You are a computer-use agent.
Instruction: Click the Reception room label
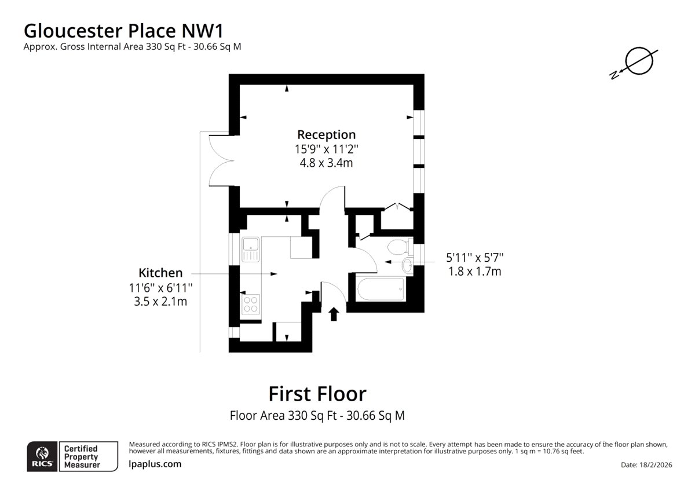coord(327,134)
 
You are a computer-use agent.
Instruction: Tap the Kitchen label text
coord(160,273)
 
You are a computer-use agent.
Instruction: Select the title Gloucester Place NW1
coord(123,31)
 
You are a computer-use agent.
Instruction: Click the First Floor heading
coord(317,394)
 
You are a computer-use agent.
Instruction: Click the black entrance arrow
coord(334,314)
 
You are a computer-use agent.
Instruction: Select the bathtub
coord(381,289)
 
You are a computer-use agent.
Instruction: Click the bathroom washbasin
coord(407,266)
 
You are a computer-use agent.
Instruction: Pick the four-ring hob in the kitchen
coord(250,305)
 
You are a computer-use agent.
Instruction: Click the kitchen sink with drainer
coord(251,250)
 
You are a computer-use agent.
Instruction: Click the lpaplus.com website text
coord(155,464)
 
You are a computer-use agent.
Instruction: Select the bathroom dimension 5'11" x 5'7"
coord(475,258)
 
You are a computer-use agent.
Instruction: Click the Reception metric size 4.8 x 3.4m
coord(327,163)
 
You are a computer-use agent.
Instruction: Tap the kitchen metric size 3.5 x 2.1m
coord(160,302)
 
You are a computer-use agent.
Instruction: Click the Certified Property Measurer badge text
coord(82,457)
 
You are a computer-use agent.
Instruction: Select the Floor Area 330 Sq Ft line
coord(317,416)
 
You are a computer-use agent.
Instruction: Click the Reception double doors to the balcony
coord(221,161)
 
